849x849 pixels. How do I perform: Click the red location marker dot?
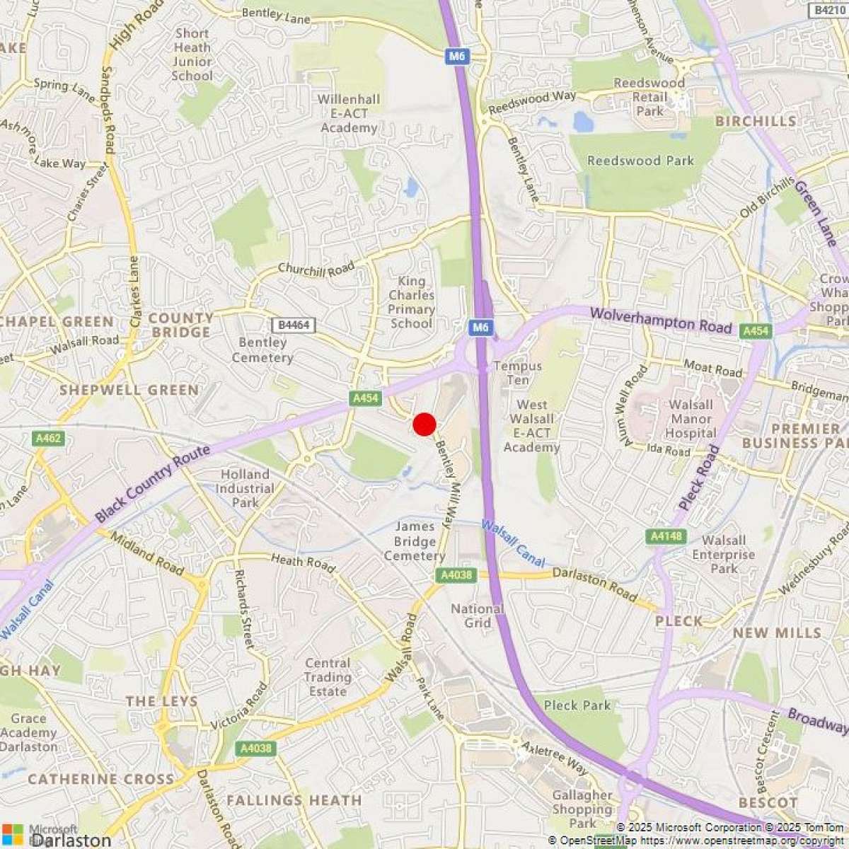[x=424, y=424]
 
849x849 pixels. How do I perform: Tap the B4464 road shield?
[x=293, y=325]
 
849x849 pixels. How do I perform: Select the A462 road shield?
[x=49, y=439]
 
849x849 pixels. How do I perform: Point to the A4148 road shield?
[x=666, y=536]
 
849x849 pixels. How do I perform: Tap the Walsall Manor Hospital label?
[x=691, y=419]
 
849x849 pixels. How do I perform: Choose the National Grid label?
[x=478, y=616]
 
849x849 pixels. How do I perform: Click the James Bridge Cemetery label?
[x=415, y=541]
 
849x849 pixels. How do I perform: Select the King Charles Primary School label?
[x=411, y=302]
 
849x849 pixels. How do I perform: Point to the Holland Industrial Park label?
[x=246, y=488]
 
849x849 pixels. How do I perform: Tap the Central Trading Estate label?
[x=328, y=677]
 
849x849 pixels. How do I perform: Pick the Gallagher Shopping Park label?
[x=582, y=809]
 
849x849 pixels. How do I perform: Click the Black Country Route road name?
[x=153, y=484]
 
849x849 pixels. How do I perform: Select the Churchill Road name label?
[x=316, y=269]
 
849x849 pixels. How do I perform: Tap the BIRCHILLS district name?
[x=755, y=121]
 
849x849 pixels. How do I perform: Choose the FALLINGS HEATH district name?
[x=294, y=801]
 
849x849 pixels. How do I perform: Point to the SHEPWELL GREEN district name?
[x=129, y=390]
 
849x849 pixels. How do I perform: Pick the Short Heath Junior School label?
[x=192, y=54]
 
